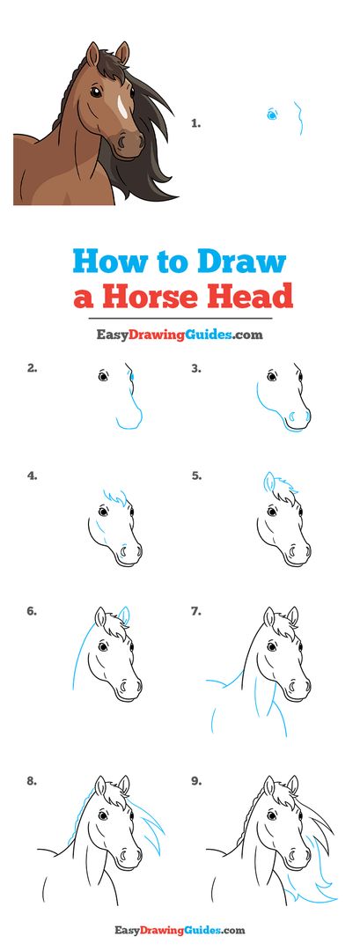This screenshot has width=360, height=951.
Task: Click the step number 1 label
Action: [x=195, y=124]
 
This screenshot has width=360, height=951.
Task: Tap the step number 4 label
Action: [x=32, y=476]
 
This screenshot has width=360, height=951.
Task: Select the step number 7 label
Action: [x=195, y=611]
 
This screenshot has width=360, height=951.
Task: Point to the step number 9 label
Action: [x=195, y=782]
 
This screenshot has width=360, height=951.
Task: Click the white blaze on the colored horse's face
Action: [x=121, y=107]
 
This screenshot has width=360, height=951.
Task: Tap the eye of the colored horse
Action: [x=96, y=92]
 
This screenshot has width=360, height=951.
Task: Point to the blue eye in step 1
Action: [x=271, y=114]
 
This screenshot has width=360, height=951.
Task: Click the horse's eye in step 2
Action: [x=103, y=376]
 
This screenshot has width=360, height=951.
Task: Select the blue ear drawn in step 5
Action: [x=269, y=483]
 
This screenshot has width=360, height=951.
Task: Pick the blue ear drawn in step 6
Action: [x=126, y=615]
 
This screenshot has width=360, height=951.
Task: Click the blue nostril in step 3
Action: [x=291, y=417]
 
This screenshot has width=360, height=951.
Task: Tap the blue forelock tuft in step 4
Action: [x=116, y=498]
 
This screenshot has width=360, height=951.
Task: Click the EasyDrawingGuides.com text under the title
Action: [x=180, y=335]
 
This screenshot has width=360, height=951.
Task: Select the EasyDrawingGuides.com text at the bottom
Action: [x=180, y=929]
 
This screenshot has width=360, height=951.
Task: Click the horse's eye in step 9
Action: [x=271, y=815]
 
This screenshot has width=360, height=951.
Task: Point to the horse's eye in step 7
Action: [x=271, y=646]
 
